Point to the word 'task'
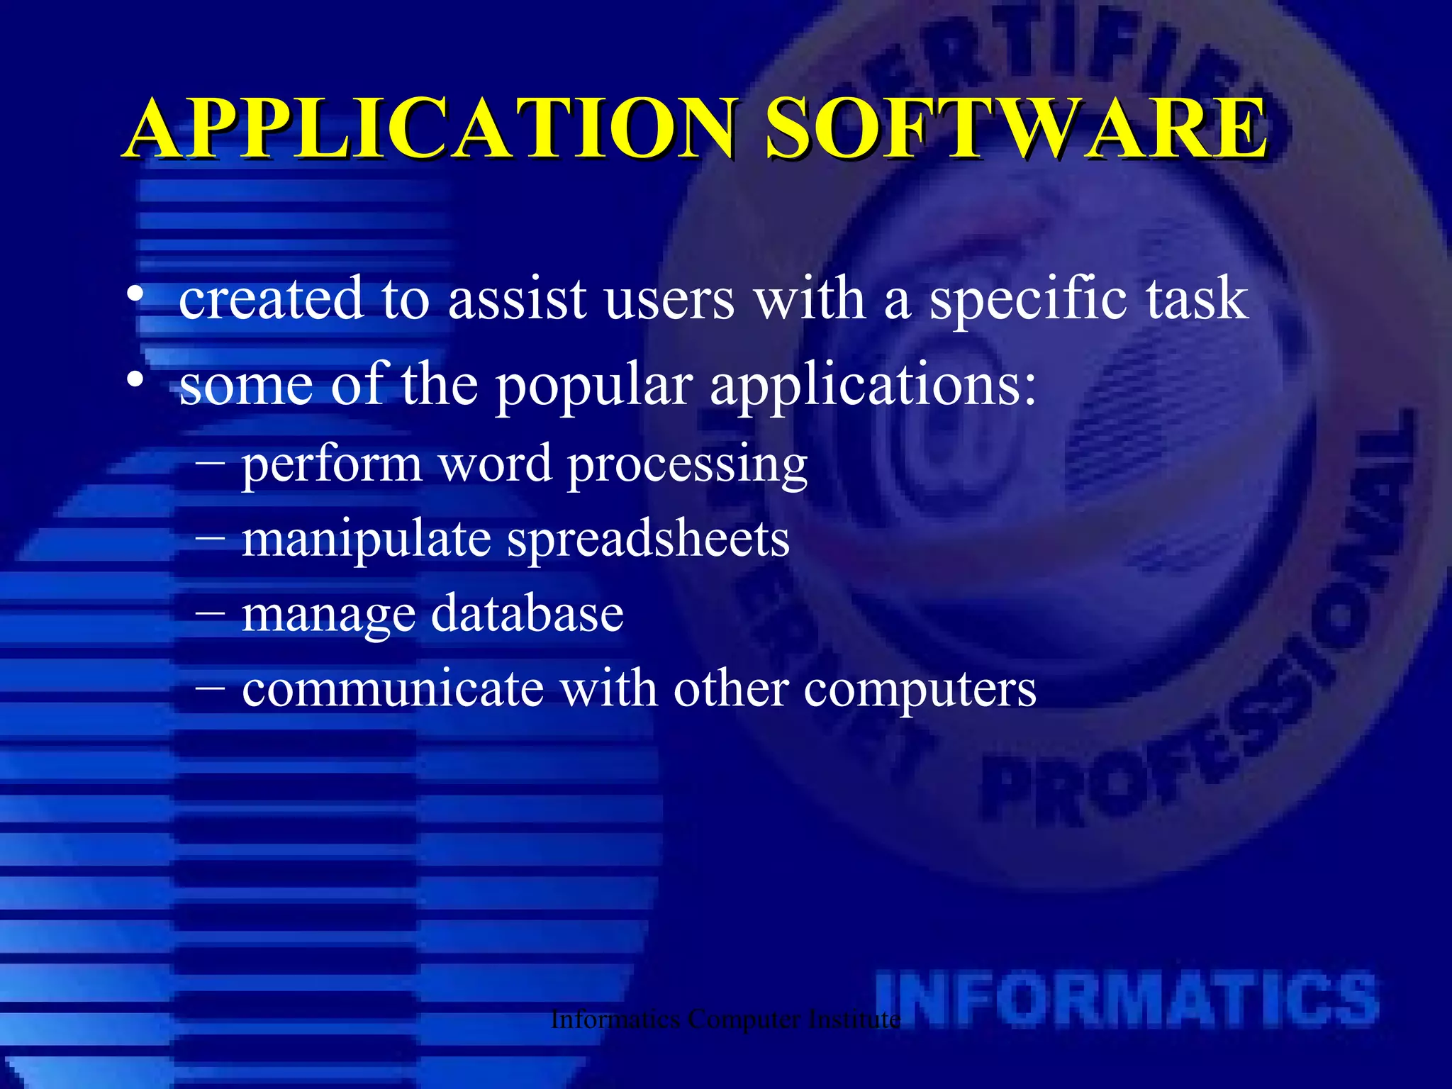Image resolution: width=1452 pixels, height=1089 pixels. click(1197, 298)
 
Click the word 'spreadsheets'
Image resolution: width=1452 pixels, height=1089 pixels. click(648, 540)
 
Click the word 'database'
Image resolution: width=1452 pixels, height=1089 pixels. click(527, 613)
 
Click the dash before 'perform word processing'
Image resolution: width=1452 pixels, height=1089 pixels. click(211, 463)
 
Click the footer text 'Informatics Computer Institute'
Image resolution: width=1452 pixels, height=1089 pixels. click(725, 1020)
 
